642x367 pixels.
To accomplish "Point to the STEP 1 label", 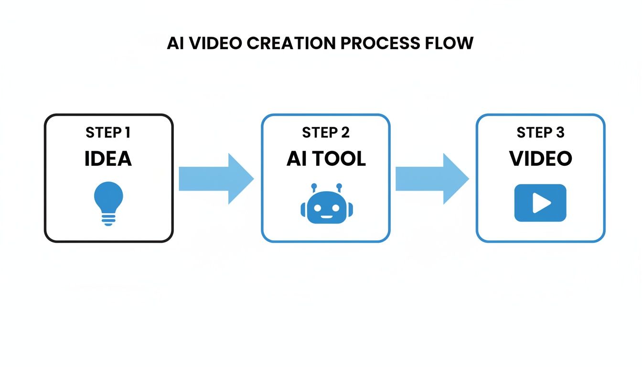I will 108,132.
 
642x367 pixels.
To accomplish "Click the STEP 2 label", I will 325,132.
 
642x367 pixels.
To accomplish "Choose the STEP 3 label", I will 540,132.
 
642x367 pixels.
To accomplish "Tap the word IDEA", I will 108,159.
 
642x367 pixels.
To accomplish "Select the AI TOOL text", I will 326,159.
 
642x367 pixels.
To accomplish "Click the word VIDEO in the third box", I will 540,159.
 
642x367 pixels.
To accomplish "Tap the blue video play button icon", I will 540,204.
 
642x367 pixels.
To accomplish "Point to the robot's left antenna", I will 314,188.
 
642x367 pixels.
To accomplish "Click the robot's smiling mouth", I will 326,216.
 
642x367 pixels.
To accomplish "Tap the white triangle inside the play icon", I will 541,204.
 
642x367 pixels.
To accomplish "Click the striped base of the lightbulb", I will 109,219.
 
